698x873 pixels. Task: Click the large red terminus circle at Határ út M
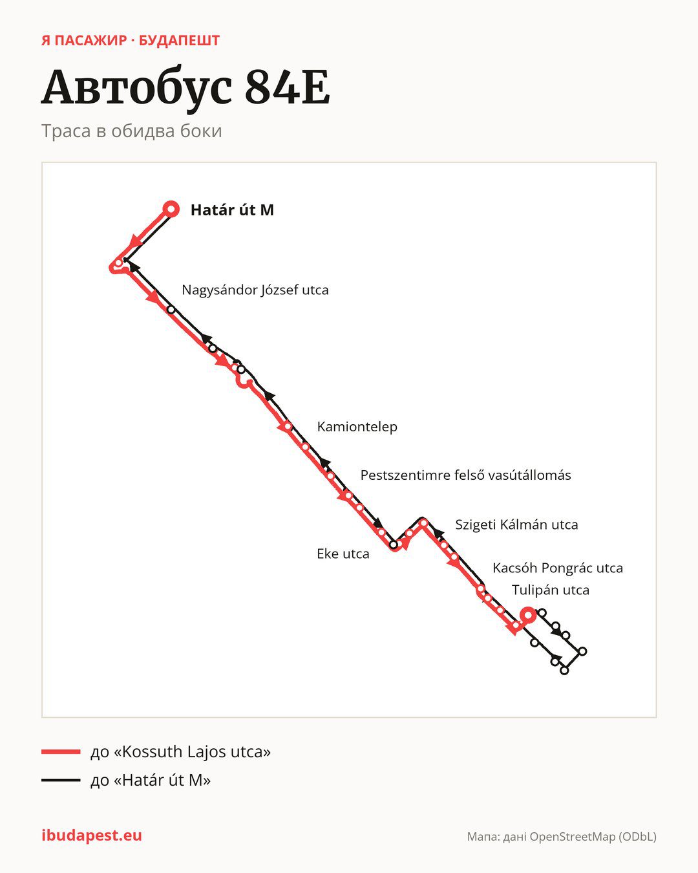coord(171,210)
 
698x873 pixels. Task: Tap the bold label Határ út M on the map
coord(232,210)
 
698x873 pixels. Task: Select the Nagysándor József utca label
coord(255,290)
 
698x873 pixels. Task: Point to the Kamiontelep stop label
coord(357,427)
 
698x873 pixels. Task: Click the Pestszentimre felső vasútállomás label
coord(465,475)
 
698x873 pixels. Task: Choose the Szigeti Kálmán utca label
coord(516,524)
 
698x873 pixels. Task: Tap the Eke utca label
coord(343,554)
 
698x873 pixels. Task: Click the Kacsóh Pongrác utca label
coord(558,568)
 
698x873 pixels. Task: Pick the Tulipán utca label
coord(551,590)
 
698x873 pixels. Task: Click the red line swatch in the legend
coord(61,751)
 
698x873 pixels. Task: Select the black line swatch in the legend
coord(61,780)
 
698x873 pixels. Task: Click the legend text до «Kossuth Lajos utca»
coord(180,751)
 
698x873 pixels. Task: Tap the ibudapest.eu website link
coord(92,835)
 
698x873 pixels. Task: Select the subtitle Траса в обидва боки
coord(132,131)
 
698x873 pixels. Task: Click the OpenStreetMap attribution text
coord(562,837)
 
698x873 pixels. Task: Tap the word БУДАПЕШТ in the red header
coord(179,41)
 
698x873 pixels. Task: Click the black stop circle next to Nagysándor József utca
coord(171,310)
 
